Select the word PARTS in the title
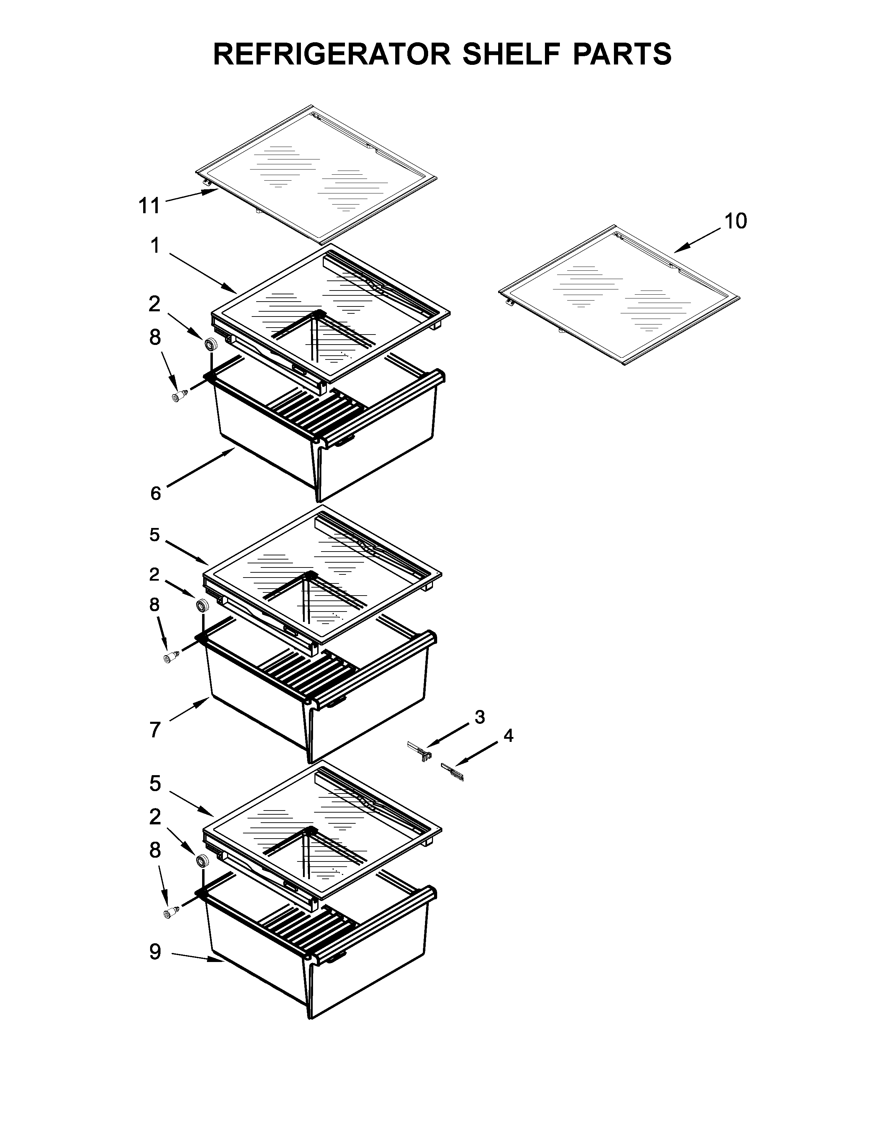[x=622, y=54]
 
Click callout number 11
[x=149, y=206]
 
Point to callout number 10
[x=735, y=221]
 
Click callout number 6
[x=156, y=493]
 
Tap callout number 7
[x=155, y=729]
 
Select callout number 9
[x=155, y=952]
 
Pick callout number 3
[x=480, y=717]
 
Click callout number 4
[x=508, y=736]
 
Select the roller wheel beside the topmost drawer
[x=211, y=344]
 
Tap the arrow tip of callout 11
[x=218, y=190]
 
